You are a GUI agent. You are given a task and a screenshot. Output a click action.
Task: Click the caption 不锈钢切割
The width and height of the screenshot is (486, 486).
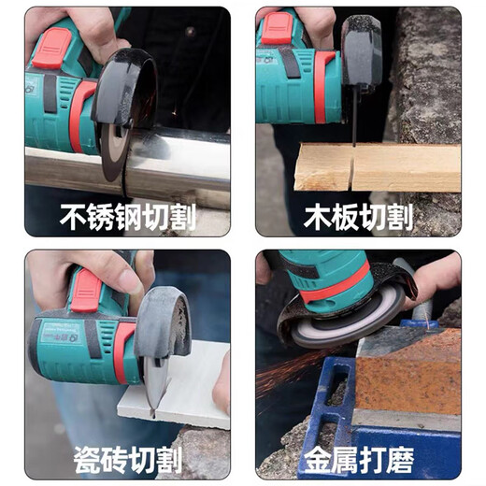(x=128, y=218)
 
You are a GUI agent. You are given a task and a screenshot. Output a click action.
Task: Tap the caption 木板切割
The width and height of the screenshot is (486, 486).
(x=358, y=218)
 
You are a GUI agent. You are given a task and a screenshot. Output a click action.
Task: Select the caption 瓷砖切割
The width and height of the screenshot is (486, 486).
(x=128, y=459)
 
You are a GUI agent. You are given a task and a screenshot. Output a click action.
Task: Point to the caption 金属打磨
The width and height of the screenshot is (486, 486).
(x=358, y=459)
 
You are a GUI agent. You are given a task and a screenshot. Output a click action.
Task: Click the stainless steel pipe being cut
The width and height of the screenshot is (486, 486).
(x=187, y=159)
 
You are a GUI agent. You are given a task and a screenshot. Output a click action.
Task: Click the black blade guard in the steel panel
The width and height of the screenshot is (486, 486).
(x=126, y=89)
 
